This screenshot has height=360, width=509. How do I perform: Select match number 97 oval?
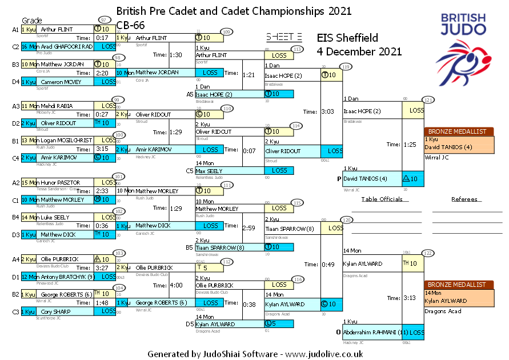(x=103, y=20)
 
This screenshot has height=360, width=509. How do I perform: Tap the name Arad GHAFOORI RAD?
(x=66, y=46)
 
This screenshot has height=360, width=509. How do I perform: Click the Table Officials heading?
(x=382, y=199)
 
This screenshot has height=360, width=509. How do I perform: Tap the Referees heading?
(x=464, y=199)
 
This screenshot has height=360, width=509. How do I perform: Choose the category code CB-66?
(x=129, y=25)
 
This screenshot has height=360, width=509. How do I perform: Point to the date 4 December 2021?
(x=359, y=51)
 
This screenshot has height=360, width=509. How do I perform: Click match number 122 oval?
(x=428, y=253)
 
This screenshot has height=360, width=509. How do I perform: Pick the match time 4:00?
(x=176, y=286)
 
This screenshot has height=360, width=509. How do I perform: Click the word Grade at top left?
(x=32, y=21)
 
